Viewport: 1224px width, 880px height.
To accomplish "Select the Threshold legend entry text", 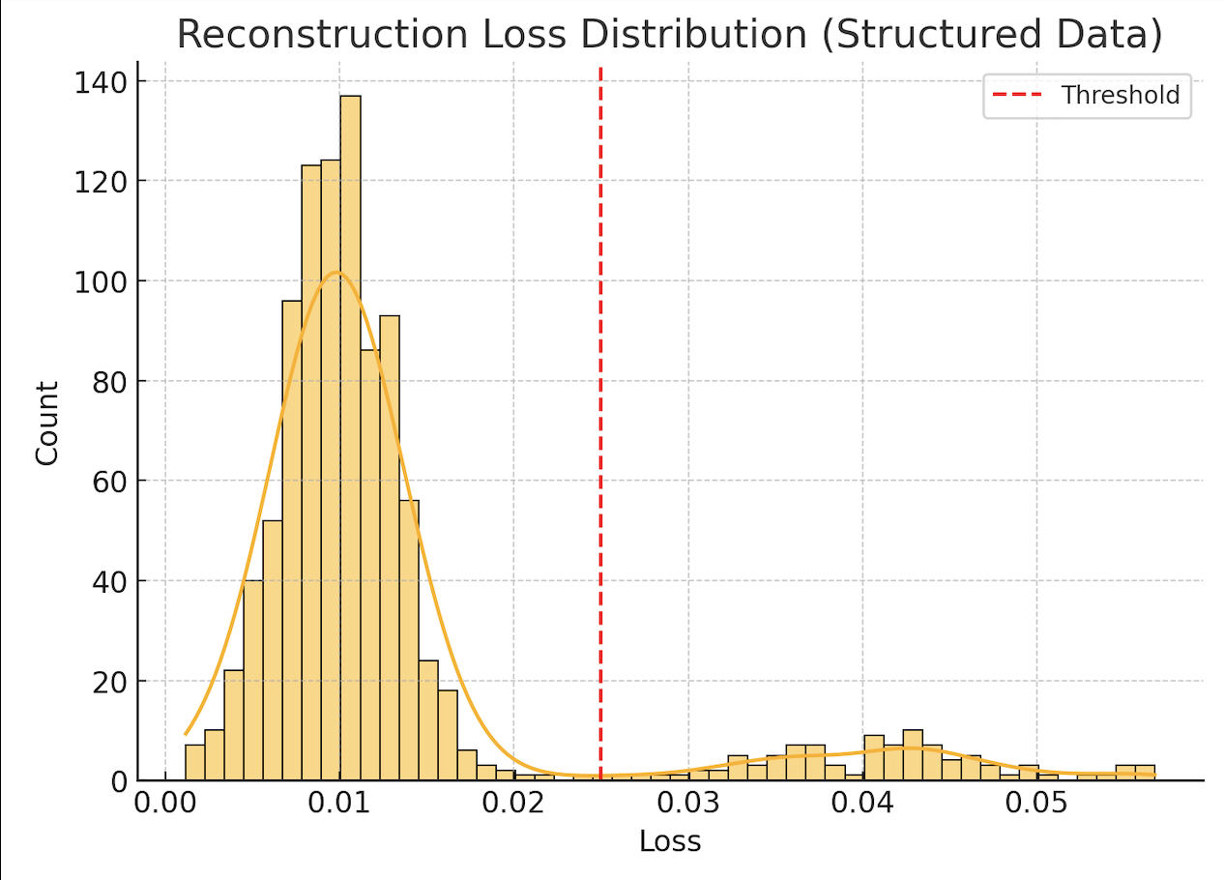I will [x=1120, y=95].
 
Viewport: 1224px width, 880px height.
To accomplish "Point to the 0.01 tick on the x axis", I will [x=339, y=804].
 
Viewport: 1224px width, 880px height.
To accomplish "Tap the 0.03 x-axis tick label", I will [x=688, y=804].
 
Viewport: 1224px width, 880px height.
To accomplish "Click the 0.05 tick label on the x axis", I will [x=1037, y=804].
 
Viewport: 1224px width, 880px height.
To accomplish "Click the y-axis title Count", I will [x=47, y=423].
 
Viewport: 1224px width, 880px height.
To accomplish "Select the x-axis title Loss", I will [x=669, y=841].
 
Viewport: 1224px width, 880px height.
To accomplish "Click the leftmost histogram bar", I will [x=194, y=762].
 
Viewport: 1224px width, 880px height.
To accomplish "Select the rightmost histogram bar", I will [x=1145, y=773].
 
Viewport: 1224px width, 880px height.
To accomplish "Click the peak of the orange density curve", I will [x=335, y=272].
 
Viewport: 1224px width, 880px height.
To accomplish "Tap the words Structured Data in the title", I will [x=990, y=35].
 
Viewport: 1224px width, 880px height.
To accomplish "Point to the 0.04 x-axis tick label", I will [x=862, y=804].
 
